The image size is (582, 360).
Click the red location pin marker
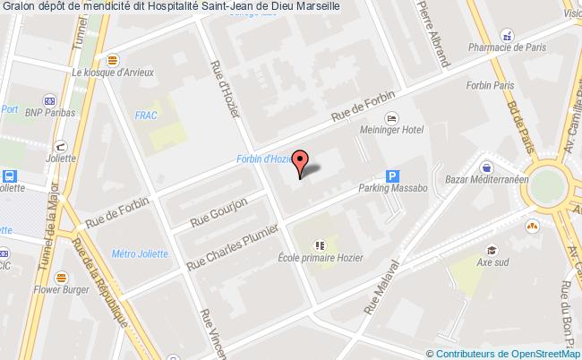pos(303,160)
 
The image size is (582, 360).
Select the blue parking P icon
pos(391,176)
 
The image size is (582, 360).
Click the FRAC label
pos(145,116)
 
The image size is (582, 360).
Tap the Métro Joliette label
pos(140,253)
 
